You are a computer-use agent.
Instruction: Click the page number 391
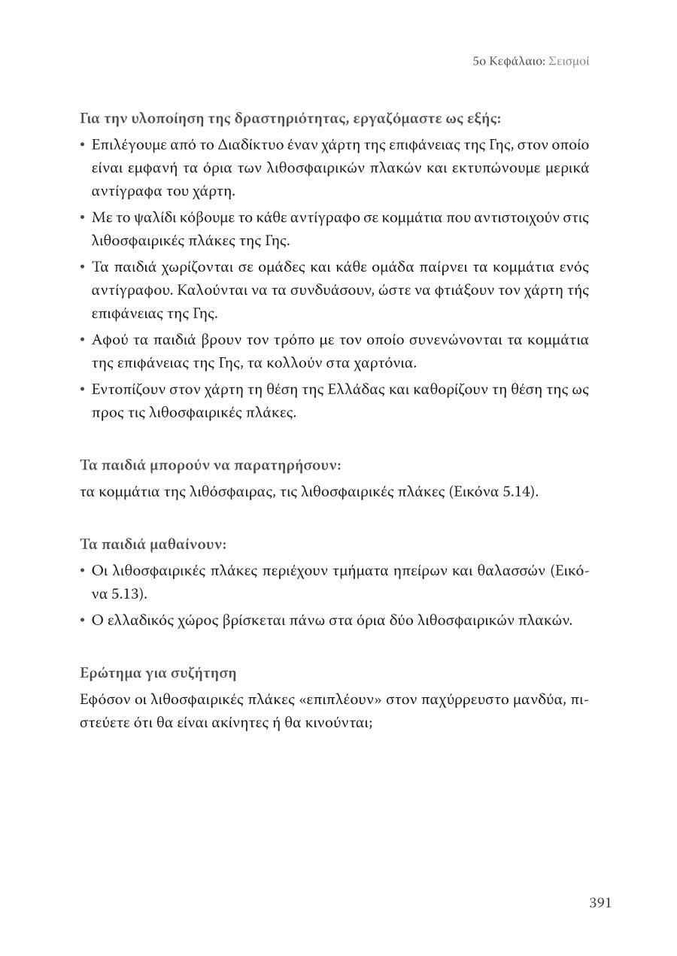pos(600,903)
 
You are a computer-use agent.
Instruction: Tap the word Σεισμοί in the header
pos(569,61)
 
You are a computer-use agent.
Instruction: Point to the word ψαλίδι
pos(144,217)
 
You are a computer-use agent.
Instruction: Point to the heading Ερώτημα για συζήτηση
pos(158,672)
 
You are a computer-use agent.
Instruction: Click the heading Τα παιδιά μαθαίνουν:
pos(153,544)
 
